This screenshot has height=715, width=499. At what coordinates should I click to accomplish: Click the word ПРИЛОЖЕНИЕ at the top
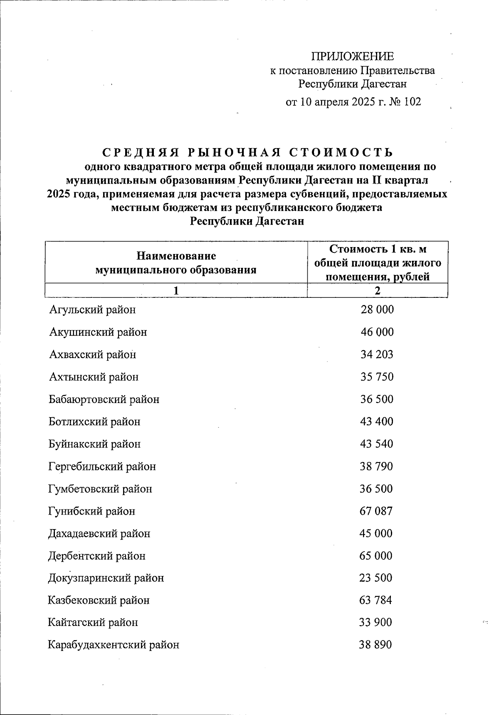pyautogui.click(x=352, y=56)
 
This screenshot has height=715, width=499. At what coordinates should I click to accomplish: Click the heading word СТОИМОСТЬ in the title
pyautogui.click(x=341, y=153)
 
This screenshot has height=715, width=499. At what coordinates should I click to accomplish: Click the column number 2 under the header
pyautogui.click(x=377, y=291)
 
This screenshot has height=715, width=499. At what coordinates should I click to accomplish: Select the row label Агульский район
pyautogui.click(x=92, y=310)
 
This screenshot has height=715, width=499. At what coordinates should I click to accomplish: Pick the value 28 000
pyautogui.click(x=377, y=310)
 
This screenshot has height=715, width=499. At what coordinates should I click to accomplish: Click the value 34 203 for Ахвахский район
pyautogui.click(x=377, y=355)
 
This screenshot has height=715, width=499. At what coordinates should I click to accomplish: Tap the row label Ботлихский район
pyautogui.click(x=94, y=422)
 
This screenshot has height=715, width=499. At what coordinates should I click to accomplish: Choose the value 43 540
pyautogui.click(x=376, y=444)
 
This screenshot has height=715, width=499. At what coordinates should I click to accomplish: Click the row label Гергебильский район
pyautogui.click(x=102, y=467)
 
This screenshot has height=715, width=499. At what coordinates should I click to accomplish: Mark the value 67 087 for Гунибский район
pyautogui.click(x=376, y=511)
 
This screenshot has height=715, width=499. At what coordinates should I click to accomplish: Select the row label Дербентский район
pyautogui.click(x=97, y=556)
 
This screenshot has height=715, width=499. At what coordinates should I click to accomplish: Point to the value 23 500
pyautogui.click(x=376, y=578)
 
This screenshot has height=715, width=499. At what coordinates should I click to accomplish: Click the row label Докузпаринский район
pyautogui.click(x=106, y=578)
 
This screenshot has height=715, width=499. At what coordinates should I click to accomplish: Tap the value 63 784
pyautogui.click(x=375, y=601)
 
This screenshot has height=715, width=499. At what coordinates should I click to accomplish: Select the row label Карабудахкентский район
pyautogui.click(x=114, y=645)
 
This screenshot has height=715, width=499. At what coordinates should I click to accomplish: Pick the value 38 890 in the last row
pyautogui.click(x=375, y=645)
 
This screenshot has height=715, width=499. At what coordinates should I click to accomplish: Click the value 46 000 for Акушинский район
pyautogui.click(x=377, y=332)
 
